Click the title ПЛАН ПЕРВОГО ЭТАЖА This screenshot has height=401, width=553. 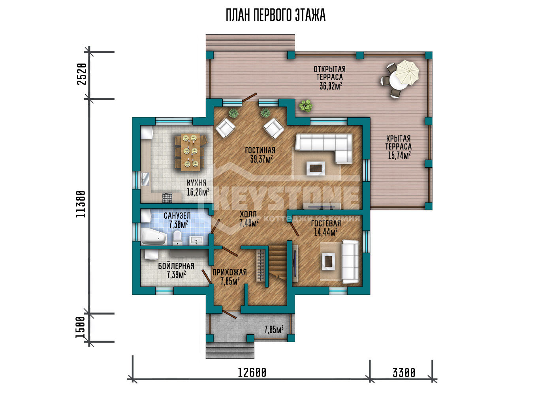point(276,15)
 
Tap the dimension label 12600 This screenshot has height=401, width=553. point(252,373)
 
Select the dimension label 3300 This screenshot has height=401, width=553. point(404,373)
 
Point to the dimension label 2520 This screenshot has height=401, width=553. point(82,74)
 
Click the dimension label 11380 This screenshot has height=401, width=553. point(81,204)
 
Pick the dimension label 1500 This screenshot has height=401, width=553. point(80,327)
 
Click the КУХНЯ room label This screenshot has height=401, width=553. point(197,183)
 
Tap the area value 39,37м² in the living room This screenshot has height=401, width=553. point(261,159)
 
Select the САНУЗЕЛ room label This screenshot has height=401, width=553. point(177,215)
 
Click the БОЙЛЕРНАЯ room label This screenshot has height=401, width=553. point(176,266)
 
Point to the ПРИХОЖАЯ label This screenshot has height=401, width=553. point(229,272)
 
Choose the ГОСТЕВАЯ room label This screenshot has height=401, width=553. point(326,223)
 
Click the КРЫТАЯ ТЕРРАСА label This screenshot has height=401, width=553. point(399,142)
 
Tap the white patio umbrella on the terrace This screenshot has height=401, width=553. point(407,72)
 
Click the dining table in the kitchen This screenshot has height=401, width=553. point(190,152)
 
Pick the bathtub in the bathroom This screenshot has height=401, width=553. point(153,236)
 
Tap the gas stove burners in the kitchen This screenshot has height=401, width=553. point(167,198)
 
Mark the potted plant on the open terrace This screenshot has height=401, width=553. point(306,106)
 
